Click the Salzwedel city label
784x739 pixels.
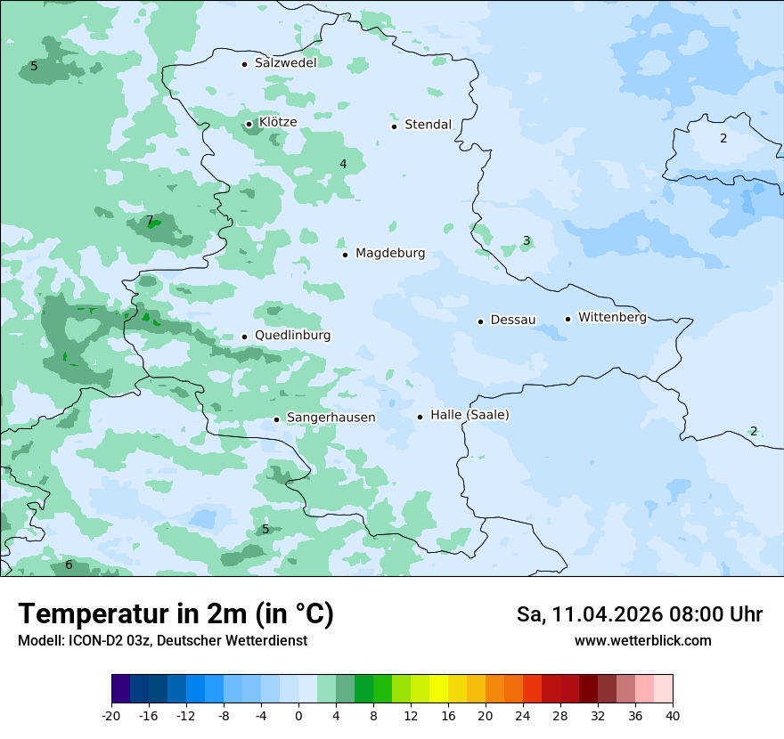coord(285,63)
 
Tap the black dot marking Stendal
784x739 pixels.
coord(394,126)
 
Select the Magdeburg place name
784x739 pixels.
coord(390,254)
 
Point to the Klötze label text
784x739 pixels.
coord(278,122)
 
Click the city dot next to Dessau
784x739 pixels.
coord(480,321)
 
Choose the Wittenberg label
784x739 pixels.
coord(612,317)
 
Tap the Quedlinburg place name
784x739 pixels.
coord(292,336)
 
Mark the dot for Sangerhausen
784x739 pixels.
coord(276,419)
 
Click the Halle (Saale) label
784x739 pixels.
coord(470,415)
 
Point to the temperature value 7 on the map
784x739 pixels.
coord(150,220)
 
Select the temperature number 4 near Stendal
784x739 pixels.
coord(343,164)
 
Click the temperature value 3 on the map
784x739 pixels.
coord(527,240)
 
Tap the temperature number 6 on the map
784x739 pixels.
coord(69,564)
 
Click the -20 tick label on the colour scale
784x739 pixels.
coord(111,716)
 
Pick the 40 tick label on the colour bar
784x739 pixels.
coord(672,716)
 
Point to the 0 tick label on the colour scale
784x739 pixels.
coord(298,716)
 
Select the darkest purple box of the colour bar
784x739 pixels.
coord(120,689)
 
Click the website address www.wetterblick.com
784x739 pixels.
coord(642,641)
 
